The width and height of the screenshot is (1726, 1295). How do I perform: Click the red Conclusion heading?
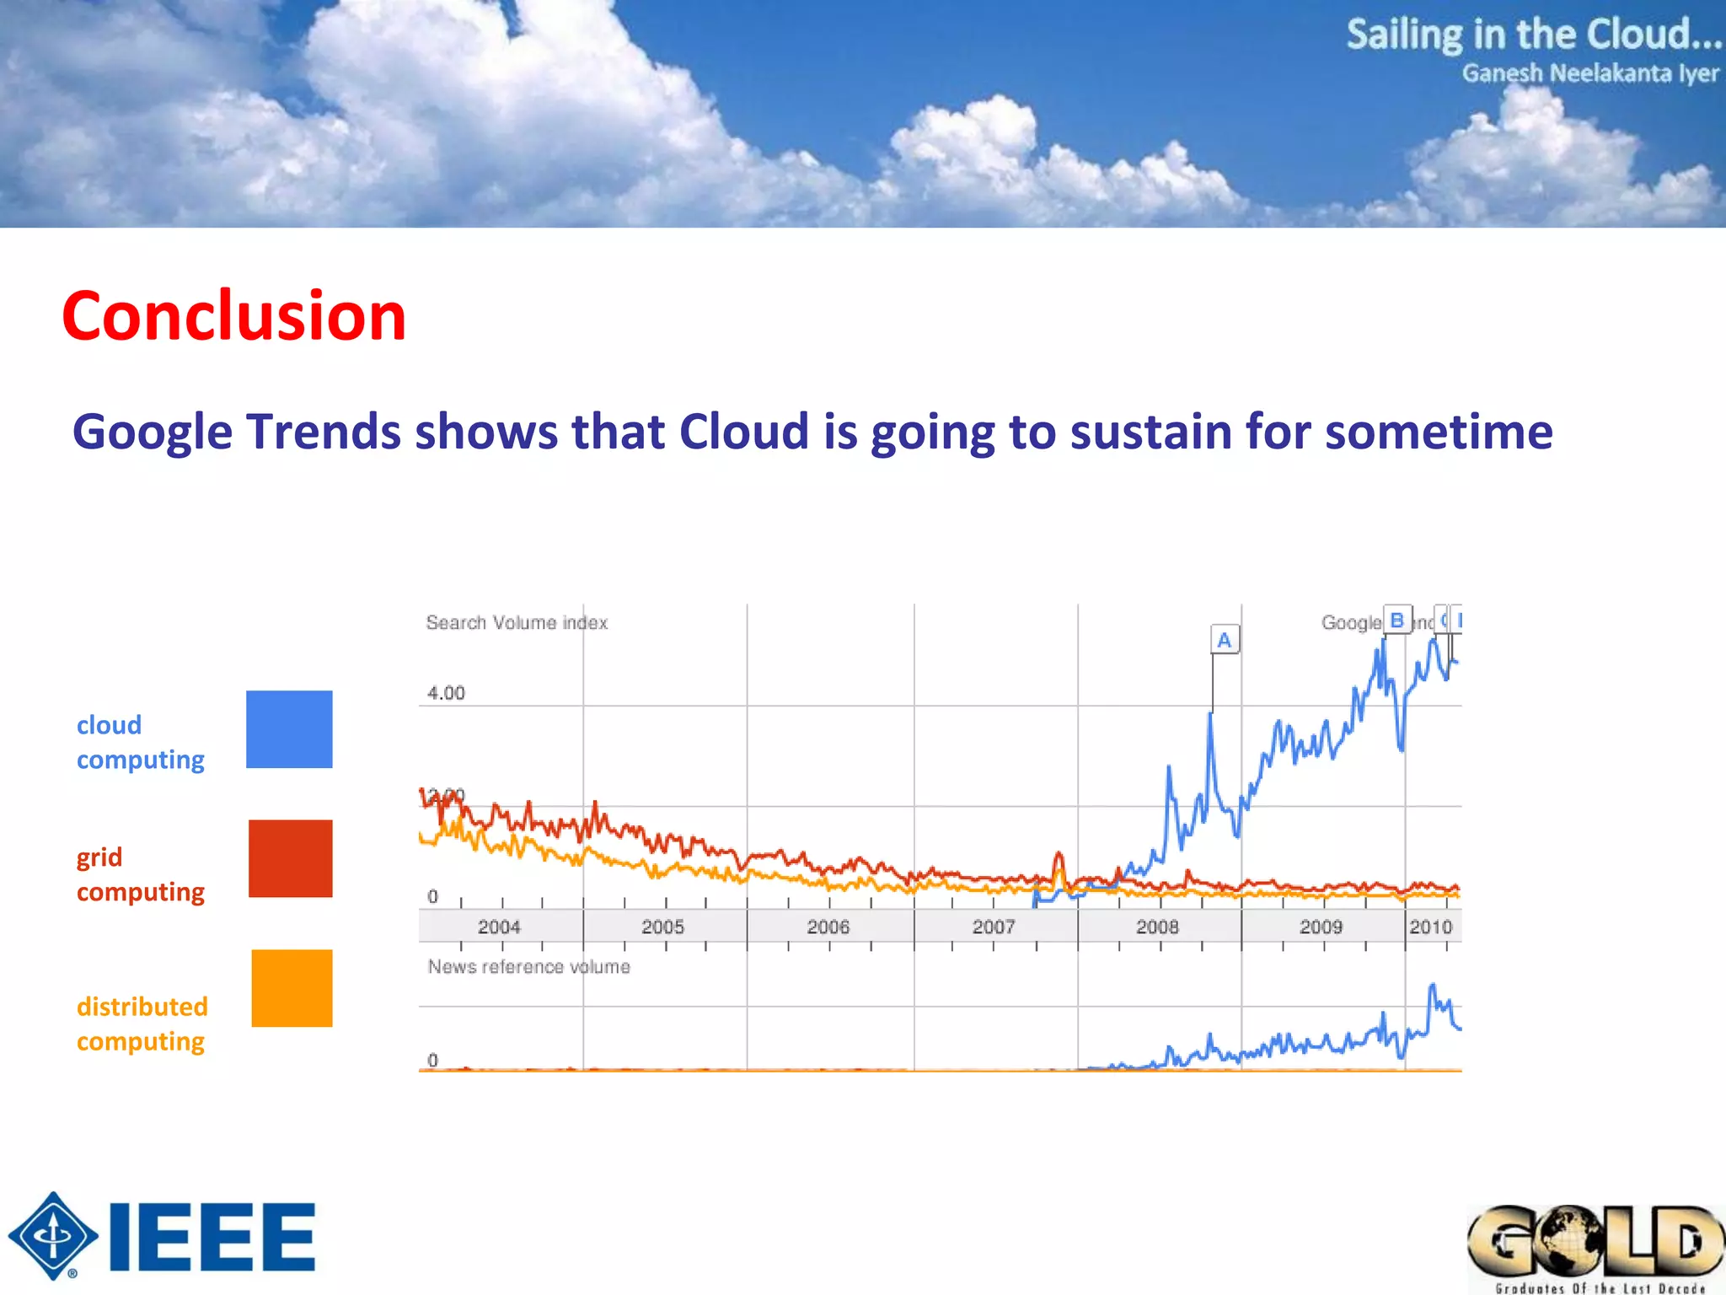233,316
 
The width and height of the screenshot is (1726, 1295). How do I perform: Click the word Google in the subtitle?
152,433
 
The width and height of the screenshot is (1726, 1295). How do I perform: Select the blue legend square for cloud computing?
289,729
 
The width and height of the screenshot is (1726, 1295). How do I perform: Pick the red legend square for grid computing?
290,858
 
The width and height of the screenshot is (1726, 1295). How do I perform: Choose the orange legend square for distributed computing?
292,988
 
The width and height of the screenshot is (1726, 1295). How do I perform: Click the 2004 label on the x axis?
499,927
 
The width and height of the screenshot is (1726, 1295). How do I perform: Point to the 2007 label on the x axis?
994,927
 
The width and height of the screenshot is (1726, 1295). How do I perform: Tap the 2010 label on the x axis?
1430,927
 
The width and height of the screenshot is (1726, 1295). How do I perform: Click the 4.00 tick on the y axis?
446,693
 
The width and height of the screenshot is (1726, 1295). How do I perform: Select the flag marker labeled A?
1225,640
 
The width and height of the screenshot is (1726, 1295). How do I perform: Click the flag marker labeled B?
1396,621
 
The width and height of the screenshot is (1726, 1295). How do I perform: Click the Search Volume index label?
517,623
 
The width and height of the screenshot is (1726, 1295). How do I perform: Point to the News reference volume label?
528,967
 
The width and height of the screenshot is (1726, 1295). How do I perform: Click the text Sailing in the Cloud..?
1532,35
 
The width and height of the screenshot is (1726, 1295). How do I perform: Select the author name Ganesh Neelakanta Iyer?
1589,74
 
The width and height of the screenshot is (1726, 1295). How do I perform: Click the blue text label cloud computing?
140,742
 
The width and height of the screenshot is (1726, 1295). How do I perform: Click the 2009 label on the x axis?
1321,927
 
